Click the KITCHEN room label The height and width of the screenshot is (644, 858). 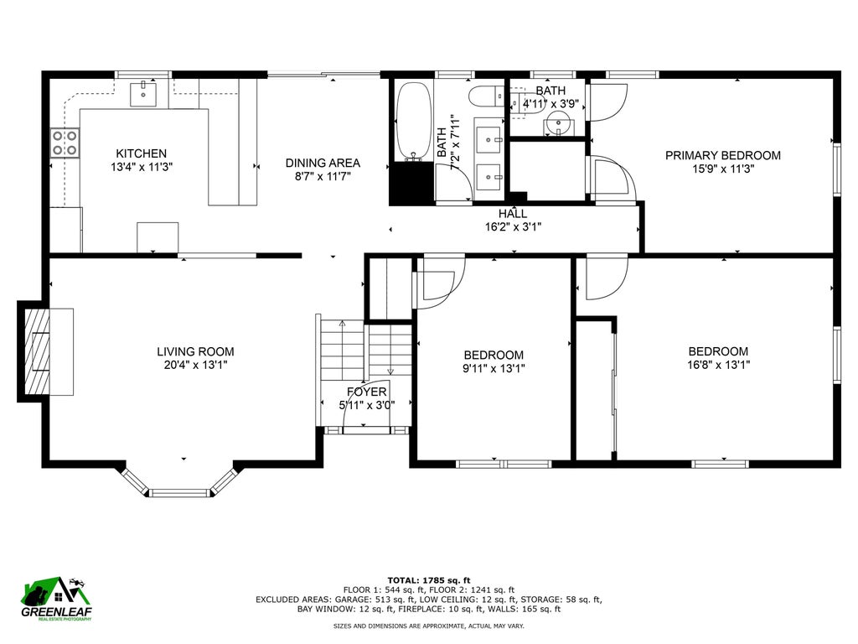click(141, 154)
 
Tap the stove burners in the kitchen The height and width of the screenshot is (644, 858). click(65, 143)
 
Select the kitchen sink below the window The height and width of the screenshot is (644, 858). click(142, 94)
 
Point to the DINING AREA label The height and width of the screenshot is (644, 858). click(323, 164)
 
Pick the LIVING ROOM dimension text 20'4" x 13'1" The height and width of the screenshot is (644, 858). click(195, 365)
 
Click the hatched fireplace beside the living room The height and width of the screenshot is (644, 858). click(37, 351)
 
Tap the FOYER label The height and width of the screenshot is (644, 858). click(367, 392)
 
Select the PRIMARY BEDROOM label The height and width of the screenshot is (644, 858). click(723, 155)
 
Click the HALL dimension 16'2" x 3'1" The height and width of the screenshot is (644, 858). click(513, 226)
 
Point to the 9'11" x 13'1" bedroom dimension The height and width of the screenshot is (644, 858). click(494, 369)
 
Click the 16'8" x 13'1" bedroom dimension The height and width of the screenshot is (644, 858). click(718, 365)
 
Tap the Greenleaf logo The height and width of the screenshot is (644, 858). click(56, 599)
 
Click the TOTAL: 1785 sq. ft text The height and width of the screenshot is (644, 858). click(429, 580)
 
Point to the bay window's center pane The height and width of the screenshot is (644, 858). click(180, 493)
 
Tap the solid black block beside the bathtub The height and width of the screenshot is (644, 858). click(411, 184)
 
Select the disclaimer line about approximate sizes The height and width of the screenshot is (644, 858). click(428, 626)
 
